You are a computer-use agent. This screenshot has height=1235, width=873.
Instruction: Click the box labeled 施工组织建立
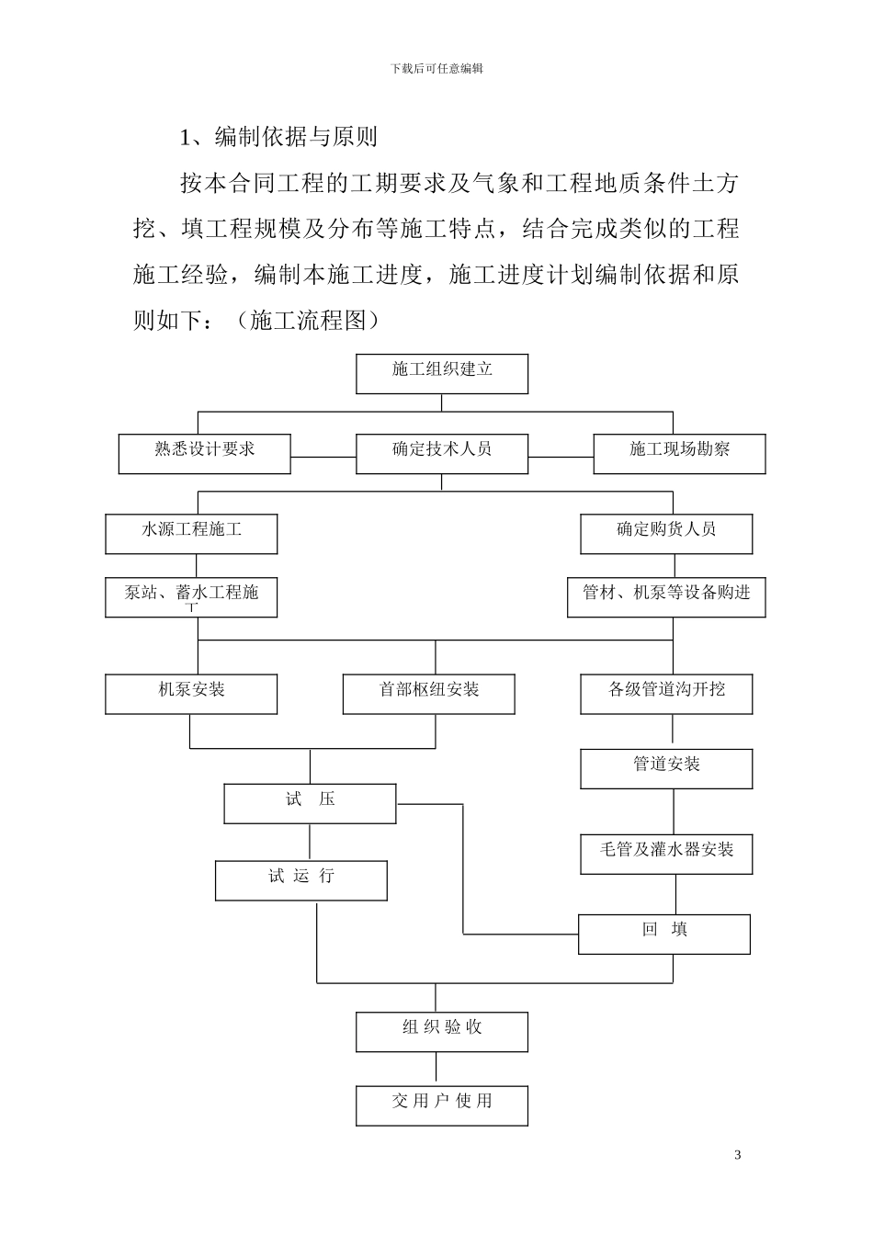(442, 373)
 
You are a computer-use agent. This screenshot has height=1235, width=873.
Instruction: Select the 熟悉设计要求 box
(205, 453)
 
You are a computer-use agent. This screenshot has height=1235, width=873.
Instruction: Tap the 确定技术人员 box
(442, 453)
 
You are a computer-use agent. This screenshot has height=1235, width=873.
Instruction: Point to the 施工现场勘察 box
(679, 453)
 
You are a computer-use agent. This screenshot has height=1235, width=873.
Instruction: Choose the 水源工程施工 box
(191, 533)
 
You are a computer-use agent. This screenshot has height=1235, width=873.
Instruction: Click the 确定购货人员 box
(666, 533)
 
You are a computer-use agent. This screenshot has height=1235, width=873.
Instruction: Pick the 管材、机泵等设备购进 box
(666, 596)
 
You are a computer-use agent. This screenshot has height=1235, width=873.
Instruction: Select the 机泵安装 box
(191, 693)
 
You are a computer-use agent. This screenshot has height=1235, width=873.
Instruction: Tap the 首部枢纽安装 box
(428, 693)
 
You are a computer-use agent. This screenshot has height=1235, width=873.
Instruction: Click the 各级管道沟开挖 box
(666, 693)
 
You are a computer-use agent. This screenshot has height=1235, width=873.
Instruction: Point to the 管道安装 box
(666, 768)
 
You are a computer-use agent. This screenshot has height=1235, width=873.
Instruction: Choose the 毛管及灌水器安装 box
(666, 853)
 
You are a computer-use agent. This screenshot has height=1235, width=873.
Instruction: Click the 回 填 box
(664, 933)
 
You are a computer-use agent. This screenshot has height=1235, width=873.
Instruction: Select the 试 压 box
(311, 803)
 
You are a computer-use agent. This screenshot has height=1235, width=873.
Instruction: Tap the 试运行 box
(301, 879)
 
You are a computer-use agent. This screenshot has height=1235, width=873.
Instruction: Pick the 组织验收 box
(442, 1031)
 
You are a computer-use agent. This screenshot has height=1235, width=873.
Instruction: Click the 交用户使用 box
(442, 1105)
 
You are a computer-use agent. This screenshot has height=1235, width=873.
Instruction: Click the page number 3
(738, 1155)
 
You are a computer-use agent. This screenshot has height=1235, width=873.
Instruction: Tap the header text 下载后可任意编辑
(436, 69)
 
